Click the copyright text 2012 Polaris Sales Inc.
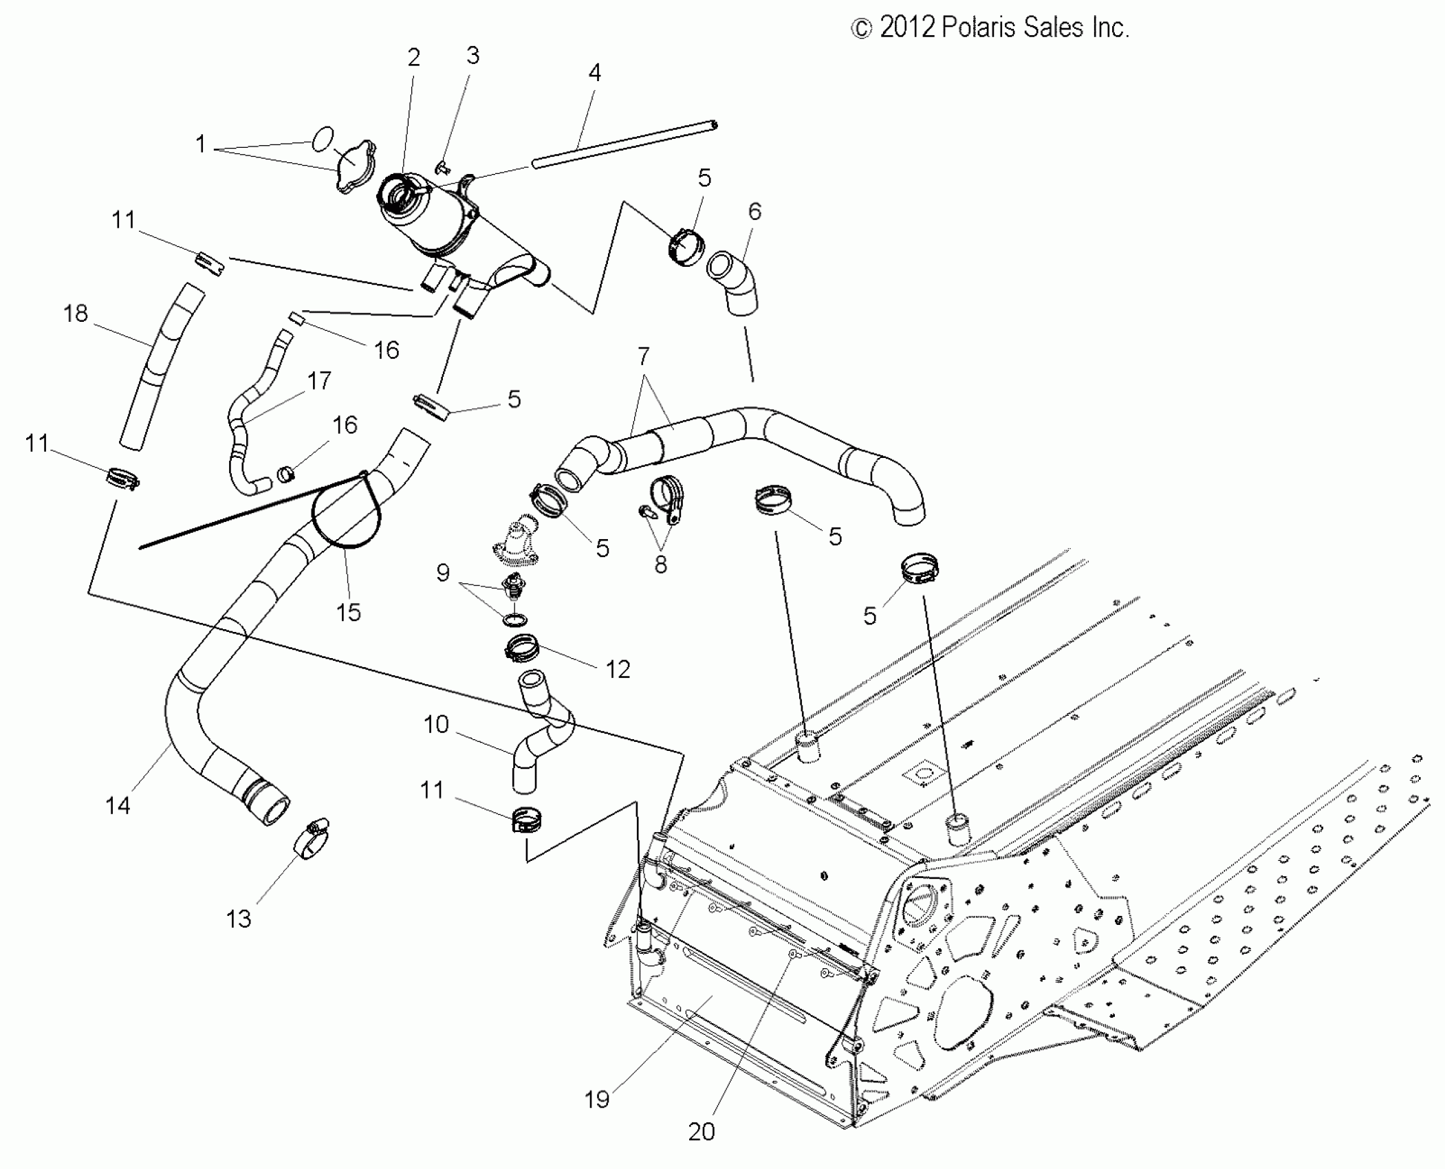tap(990, 28)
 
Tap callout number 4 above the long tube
tap(595, 72)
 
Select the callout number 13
tap(239, 919)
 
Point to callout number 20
tap(702, 1131)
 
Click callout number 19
tap(597, 1099)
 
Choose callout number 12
tap(618, 668)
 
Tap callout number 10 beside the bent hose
tap(436, 724)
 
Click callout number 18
tap(76, 314)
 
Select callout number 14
tap(118, 805)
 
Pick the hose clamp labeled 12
tap(523, 647)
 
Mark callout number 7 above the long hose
tap(643, 356)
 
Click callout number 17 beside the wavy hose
tap(319, 380)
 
